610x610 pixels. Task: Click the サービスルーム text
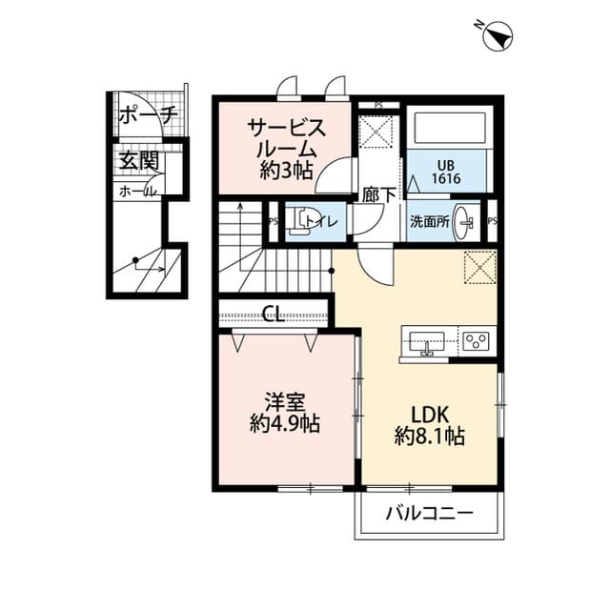click(287, 139)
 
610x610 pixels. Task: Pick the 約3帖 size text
click(287, 173)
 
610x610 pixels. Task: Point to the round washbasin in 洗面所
click(465, 222)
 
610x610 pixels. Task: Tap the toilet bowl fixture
click(301, 221)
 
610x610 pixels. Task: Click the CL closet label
click(273, 315)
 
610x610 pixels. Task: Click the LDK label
click(430, 414)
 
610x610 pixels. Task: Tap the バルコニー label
click(429, 515)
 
